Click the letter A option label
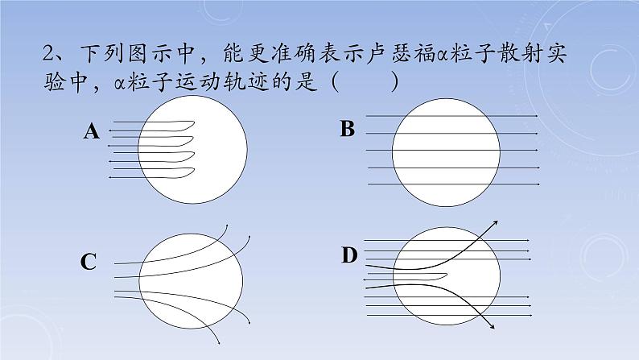click(x=91, y=132)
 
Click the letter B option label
click(x=348, y=129)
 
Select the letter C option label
click(x=89, y=262)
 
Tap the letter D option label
click(x=348, y=256)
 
